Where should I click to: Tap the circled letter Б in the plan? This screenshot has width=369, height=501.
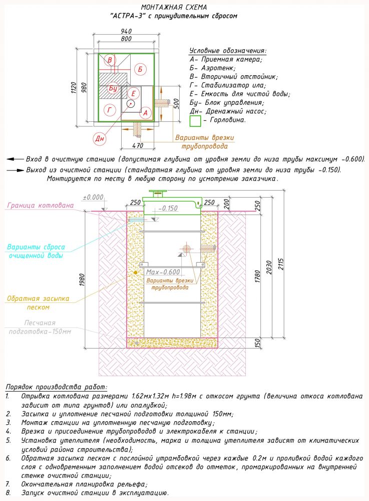pos(140,69)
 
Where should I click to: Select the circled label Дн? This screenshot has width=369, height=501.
pos(98,137)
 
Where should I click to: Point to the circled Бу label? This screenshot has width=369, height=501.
pos(113,88)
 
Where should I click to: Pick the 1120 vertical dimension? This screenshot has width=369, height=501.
pos(74,88)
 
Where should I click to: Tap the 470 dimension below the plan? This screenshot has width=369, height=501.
pos(138,145)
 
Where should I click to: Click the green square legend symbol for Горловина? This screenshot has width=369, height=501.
pos(195,121)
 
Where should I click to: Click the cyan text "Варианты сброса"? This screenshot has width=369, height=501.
pos(36,247)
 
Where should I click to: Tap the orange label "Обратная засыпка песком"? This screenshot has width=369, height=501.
pos(38,302)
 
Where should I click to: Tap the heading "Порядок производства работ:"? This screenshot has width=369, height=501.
pos(57,387)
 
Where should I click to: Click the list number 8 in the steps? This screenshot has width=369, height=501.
pos(8,492)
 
